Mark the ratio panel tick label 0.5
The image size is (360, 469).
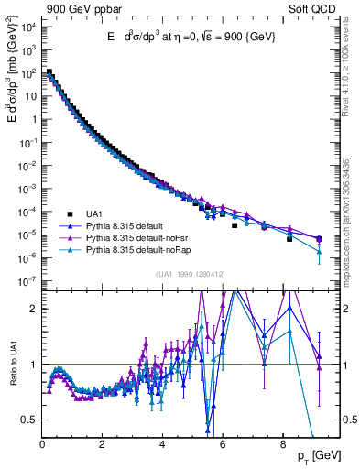coord(28,420)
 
